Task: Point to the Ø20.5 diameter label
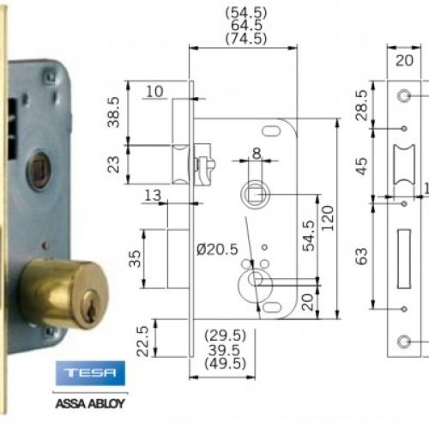pyautogui.click(x=215, y=249)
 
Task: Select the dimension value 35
pyautogui.click(x=134, y=258)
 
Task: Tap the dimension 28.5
pyautogui.click(x=363, y=104)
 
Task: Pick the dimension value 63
pyautogui.click(x=362, y=255)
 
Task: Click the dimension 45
pyautogui.click(x=362, y=162)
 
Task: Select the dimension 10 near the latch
pyautogui.click(x=154, y=92)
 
